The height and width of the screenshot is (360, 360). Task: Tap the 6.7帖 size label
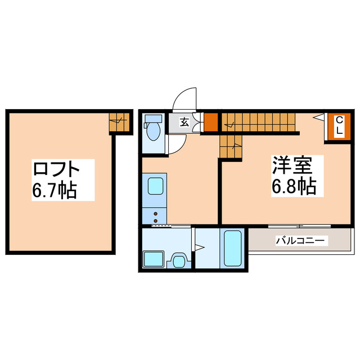[55, 190]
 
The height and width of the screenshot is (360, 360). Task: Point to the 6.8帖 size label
[293, 186]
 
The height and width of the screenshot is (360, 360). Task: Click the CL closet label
[340, 125]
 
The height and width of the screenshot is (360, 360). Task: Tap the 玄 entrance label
[184, 122]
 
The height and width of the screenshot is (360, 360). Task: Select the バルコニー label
[300, 241]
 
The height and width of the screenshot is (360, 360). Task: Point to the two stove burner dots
[154, 215]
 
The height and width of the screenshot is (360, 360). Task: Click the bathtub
[232, 248]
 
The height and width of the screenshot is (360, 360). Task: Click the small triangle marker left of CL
[318, 118]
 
